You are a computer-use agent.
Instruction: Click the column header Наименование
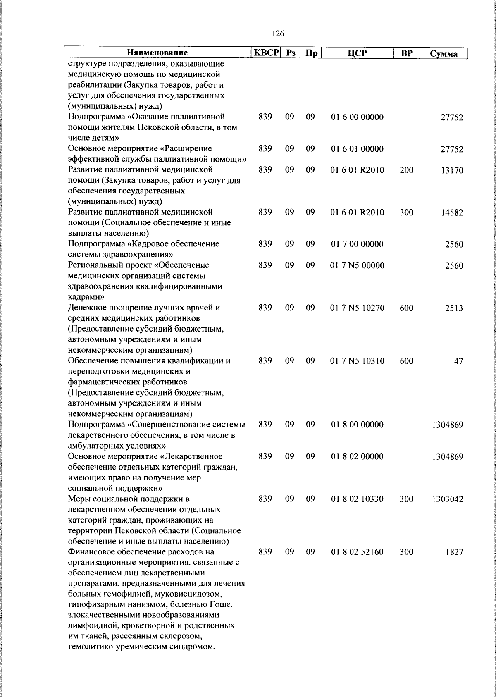pyautogui.click(x=157, y=53)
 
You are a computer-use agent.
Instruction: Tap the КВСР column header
pyautogui.click(x=267, y=53)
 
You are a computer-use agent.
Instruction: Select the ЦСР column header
pyautogui.click(x=358, y=53)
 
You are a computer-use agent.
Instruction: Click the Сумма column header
pyautogui.click(x=444, y=54)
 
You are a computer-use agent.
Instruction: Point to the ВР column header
pyautogui.click(x=407, y=53)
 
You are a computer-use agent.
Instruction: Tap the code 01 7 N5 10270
pyautogui.click(x=358, y=308)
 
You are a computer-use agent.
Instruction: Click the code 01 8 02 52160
pyautogui.click(x=358, y=552)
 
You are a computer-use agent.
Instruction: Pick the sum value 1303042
pyautogui.click(x=447, y=499)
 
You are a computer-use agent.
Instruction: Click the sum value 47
pyautogui.click(x=458, y=361)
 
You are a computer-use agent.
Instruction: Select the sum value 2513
pyautogui.click(x=454, y=308)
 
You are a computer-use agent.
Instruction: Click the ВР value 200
pyautogui.click(x=406, y=170)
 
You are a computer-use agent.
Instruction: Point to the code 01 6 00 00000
pyautogui.click(x=358, y=117)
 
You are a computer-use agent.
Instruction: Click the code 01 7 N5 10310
pyautogui.click(x=358, y=361)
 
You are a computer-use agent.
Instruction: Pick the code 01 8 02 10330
pyautogui.click(x=358, y=499)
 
